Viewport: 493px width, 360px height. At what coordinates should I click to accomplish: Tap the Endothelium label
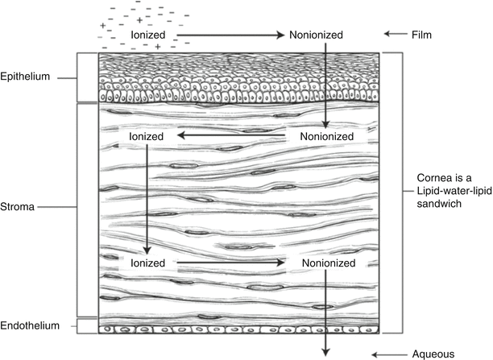(x=30, y=326)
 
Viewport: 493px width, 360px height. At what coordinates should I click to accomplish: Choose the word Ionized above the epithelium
(x=148, y=35)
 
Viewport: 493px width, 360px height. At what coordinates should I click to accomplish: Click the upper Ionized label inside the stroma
(x=147, y=137)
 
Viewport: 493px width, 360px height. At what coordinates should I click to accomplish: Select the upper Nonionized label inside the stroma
(x=326, y=137)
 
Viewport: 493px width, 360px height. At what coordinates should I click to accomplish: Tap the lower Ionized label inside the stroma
(x=147, y=263)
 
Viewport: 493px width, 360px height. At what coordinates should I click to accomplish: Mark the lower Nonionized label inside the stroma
(x=326, y=263)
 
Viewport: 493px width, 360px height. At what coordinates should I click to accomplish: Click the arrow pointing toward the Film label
(x=396, y=35)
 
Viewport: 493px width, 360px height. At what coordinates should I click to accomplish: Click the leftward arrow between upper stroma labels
(x=234, y=137)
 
